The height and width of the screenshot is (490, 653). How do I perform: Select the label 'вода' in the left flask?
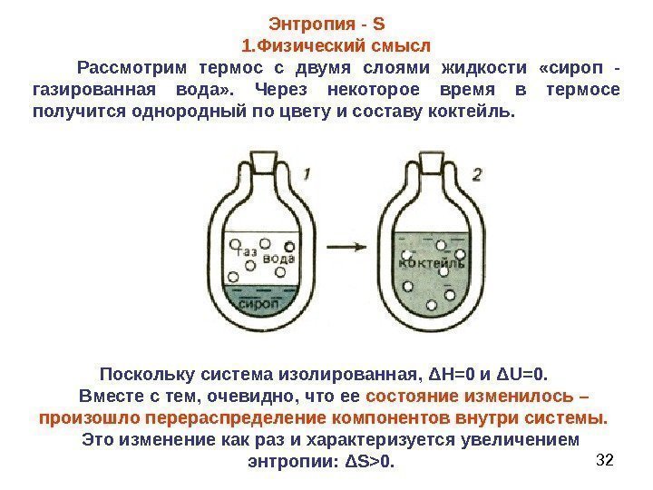coord(278,259)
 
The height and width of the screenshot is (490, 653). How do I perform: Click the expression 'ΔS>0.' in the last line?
coord(372,462)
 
